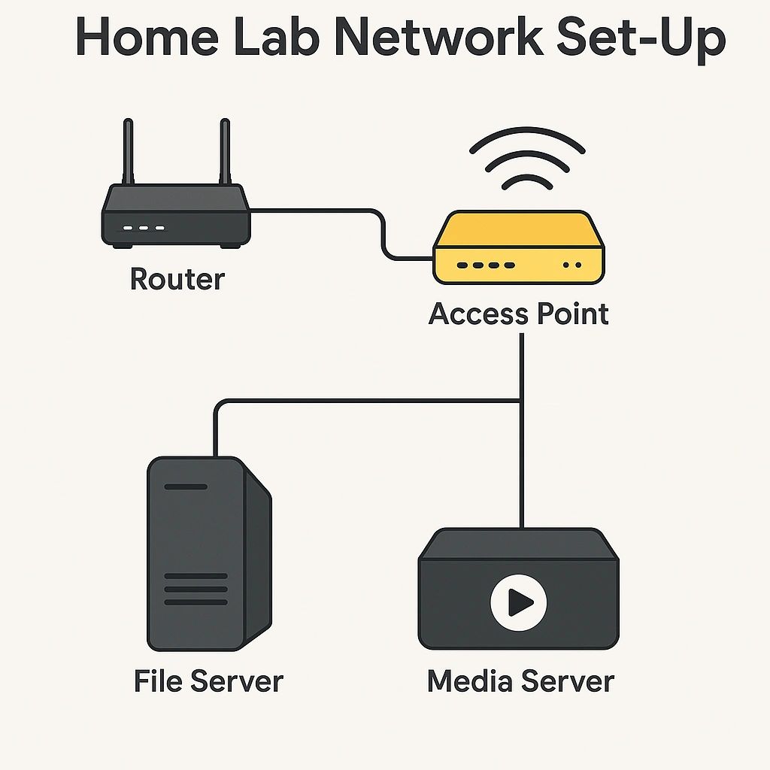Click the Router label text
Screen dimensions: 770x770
click(x=177, y=279)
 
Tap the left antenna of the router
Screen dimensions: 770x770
click(x=128, y=150)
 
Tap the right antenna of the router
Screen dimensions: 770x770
click(x=223, y=150)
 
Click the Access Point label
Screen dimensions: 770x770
click(x=518, y=314)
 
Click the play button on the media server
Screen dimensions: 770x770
click(x=518, y=601)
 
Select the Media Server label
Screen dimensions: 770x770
click(x=520, y=681)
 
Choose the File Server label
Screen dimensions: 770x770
click(x=208, y=681)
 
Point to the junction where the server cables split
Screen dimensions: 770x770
click(x=521, y=401)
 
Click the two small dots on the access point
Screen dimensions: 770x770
click(x=572, y=265)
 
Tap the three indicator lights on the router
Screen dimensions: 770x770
click(x=144, y=228)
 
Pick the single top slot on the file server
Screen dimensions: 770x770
click(x=185, y=487)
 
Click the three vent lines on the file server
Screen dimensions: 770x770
click(x=196, y=589)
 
